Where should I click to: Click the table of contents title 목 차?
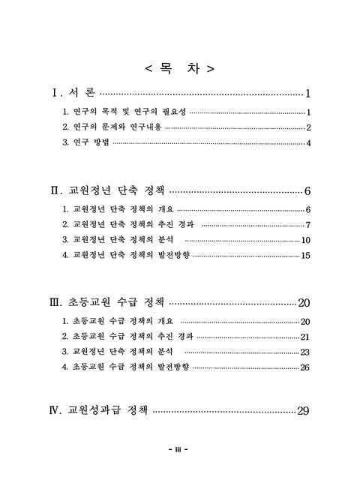coord(179,69)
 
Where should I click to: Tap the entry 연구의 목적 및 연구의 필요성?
coord(124,112)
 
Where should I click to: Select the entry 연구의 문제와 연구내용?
coord(112,127)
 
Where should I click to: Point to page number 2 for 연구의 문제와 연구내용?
coord(308,127)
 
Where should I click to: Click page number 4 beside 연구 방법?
coord(308,143)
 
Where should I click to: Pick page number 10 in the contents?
coord(305,241)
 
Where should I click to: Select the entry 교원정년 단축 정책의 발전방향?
coord(127,256)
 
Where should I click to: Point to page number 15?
coord(305,256)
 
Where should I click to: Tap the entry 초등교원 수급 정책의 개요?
coord(119,322)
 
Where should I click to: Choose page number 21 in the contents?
coord(305,337)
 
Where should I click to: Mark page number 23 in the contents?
coord(305,352)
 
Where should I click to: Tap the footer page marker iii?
coord(179,449)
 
